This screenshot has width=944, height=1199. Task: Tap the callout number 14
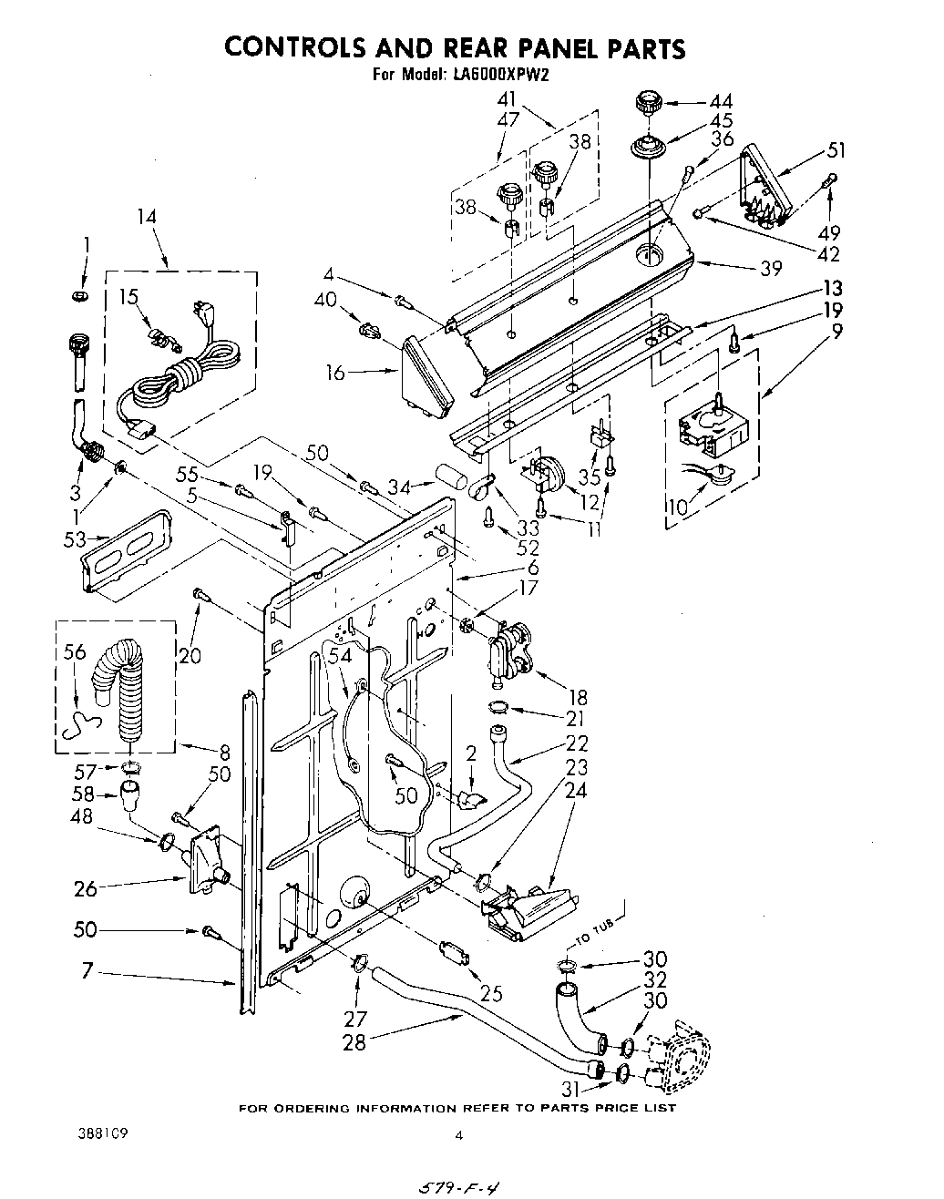pyautogui.click(x=147, y=217)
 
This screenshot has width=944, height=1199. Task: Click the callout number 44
pyautogui.click(x=721, y=101)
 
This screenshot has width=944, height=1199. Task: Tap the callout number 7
pyautogui.click(x=87, y=972)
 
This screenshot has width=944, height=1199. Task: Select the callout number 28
pyautogui.click(x=354, y=1041)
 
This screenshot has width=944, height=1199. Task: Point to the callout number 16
pyautogui.click(x=335, y=372)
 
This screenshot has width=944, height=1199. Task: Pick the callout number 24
pyautogui.click(x=575, y=790)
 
